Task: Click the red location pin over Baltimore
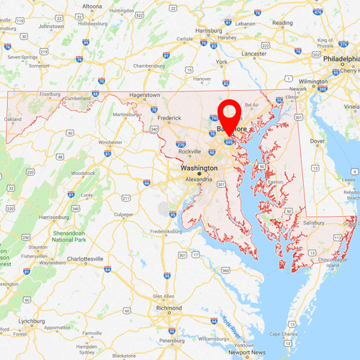pos(230,115)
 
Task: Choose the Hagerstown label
pos(144,95)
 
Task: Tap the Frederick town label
pos(170,117)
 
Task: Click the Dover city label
pos(318,141)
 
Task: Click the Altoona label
pos(92,6)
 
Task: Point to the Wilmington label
pos(313,82)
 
